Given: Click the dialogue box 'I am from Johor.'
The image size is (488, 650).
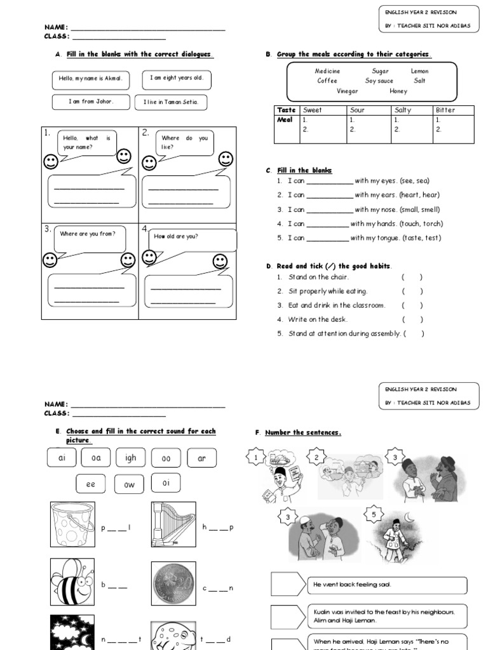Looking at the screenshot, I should click(x=91, y=102).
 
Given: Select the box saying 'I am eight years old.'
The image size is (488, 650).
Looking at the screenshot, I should click(x=177, y=79).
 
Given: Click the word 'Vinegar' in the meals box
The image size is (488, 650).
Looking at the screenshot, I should click(x=347, y=91).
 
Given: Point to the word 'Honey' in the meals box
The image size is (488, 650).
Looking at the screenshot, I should click(x=398, y=91).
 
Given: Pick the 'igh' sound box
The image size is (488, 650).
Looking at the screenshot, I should click(x=131, y=458).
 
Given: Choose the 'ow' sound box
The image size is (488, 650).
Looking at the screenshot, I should click(x=129, y=484).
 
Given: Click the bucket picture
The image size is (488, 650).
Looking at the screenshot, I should click(x=72, y=524).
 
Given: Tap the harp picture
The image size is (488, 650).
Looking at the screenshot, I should click(x=173, y=524).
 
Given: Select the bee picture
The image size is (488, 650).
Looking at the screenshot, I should click(x=72, y=581).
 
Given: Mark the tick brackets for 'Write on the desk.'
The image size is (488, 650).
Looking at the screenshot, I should click(x=412, y=319).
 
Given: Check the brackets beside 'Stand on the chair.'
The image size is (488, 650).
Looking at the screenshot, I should click(x=412, y=277).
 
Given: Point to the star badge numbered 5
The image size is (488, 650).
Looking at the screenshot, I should click(x=374, y=514).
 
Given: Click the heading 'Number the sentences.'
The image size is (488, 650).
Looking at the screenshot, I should click(x=302, y=432).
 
